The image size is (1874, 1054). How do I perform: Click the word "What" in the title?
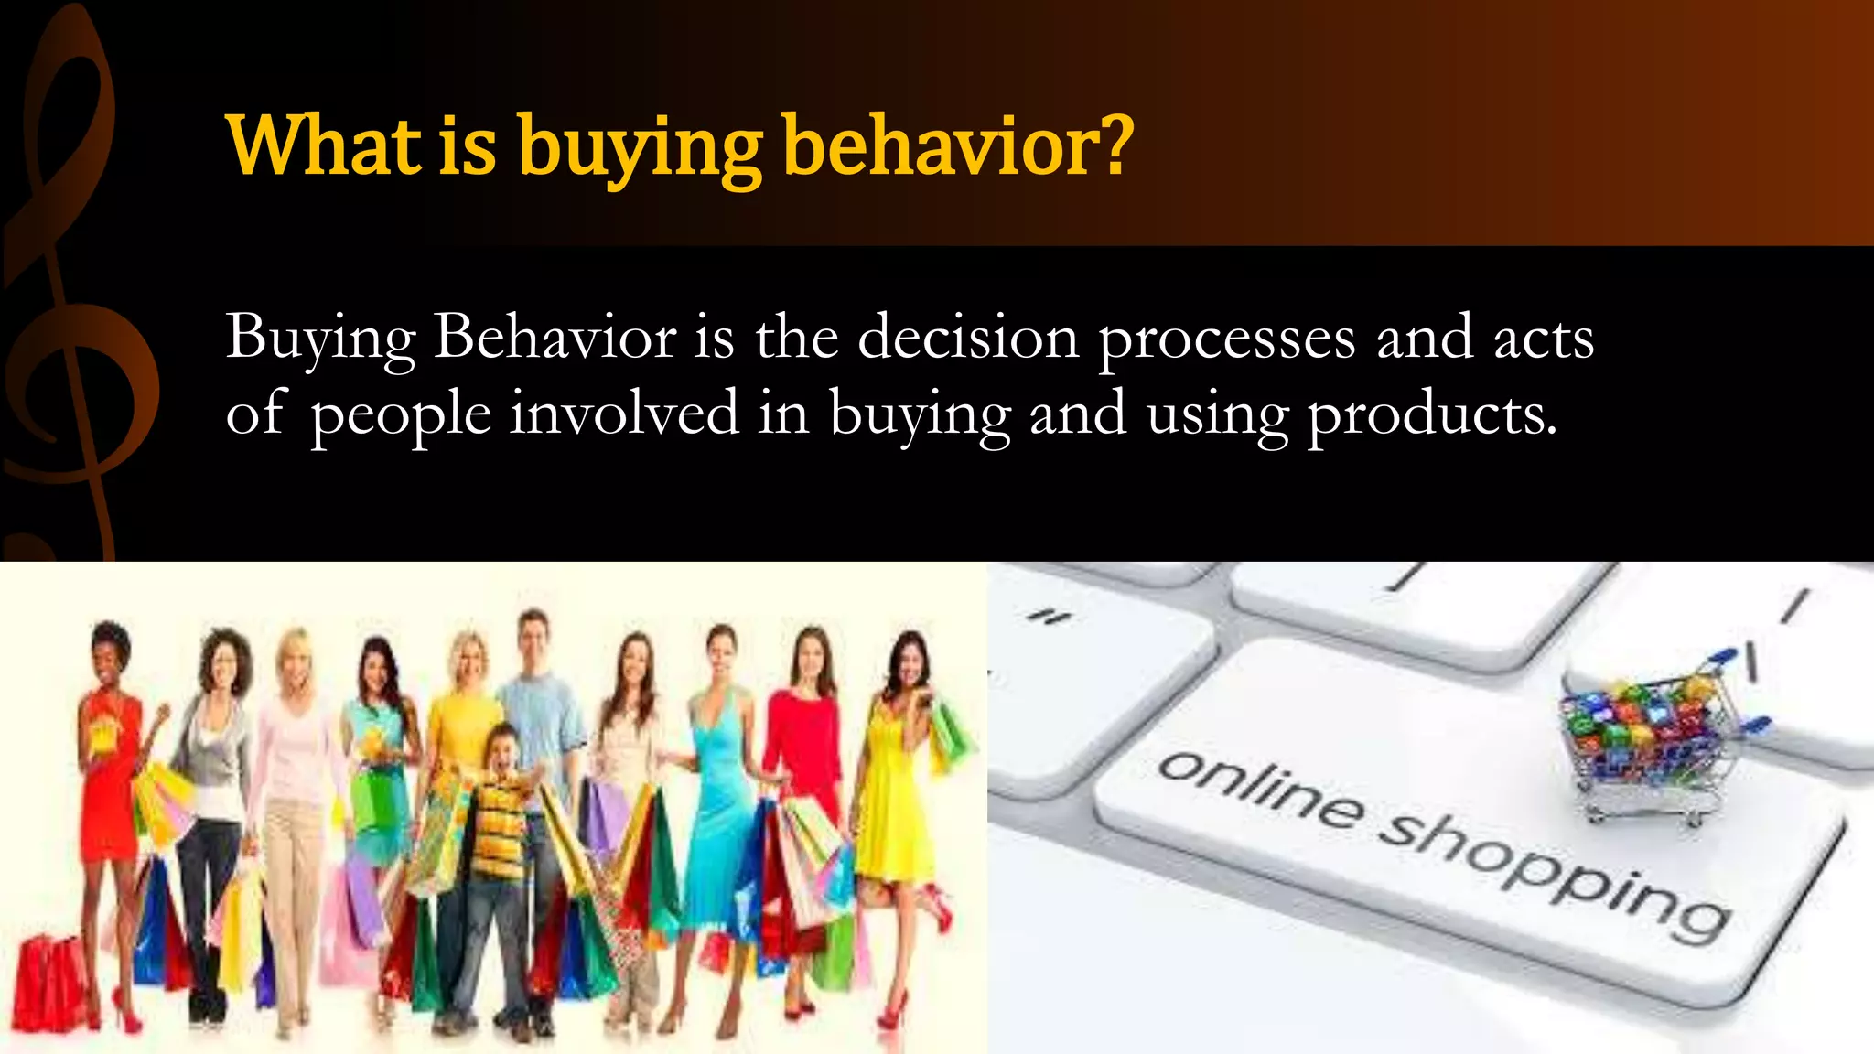point(323,146)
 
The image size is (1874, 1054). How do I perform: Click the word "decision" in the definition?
point(968,338)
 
